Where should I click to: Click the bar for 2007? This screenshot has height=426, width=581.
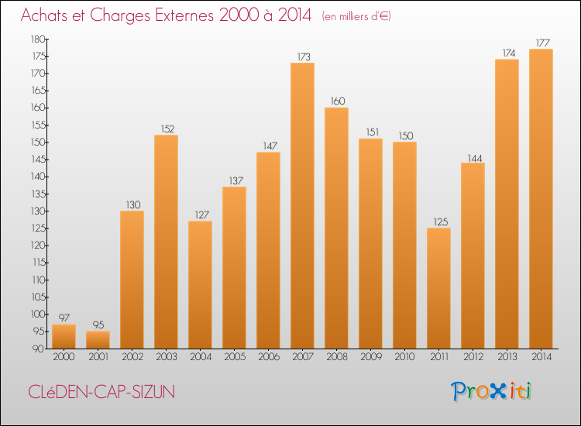point(302,205)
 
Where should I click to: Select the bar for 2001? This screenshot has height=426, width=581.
point(98,340)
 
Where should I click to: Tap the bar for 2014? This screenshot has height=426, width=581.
point(541,198)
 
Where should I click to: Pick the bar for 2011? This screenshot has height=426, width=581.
point(438,288)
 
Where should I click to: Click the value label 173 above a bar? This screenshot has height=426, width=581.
point(302,57)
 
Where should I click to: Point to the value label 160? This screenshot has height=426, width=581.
point(336,101)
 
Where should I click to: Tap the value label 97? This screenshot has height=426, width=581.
point(64,318)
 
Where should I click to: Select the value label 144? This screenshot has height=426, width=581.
point(473,156)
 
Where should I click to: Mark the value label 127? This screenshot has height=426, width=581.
point(200,215)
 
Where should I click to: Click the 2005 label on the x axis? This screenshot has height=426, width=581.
point(234,357)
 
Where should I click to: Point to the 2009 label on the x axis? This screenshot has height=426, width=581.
point(370,357)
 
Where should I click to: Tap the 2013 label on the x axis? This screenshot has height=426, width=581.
point(507,357)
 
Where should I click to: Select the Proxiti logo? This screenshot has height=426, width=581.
point(491,391)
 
